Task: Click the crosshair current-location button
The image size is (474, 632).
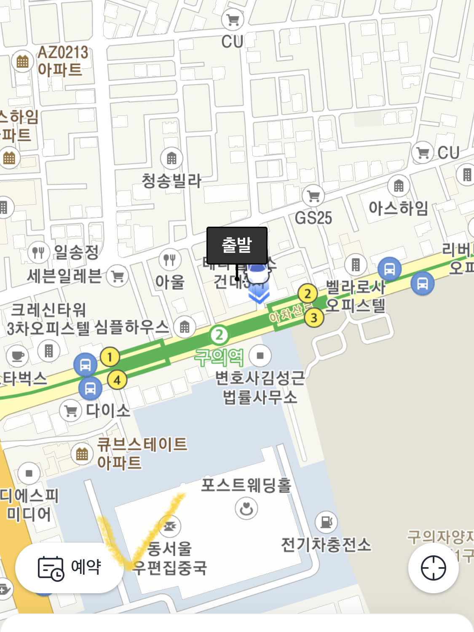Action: (x=433, y=568)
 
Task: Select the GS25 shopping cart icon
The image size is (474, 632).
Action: (x=313, y=195)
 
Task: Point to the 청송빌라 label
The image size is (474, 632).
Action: (x=171, y=181)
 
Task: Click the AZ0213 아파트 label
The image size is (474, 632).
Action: (x=63, y=61)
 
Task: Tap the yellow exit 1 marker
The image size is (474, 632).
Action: (x=110, y=357)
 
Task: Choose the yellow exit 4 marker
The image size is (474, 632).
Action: (x=117, y=380)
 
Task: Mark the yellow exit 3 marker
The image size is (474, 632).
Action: (x=313, y=317)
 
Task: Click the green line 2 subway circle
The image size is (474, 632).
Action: (x=219, y=335)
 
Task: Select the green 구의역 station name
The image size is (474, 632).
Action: (x=219, y=357)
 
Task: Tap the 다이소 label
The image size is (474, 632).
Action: (x=108, y=410)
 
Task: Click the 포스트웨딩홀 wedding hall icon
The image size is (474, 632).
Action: (x=246, y=508)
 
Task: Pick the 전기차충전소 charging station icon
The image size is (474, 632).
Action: (x=326, y=522)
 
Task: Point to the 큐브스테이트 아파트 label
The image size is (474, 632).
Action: (x=142, y=453)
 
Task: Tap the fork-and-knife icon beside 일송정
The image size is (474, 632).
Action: (x=38, y=252)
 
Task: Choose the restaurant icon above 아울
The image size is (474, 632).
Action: (x=170, y=259)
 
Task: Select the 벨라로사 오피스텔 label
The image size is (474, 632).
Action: (x=355, y=296)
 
